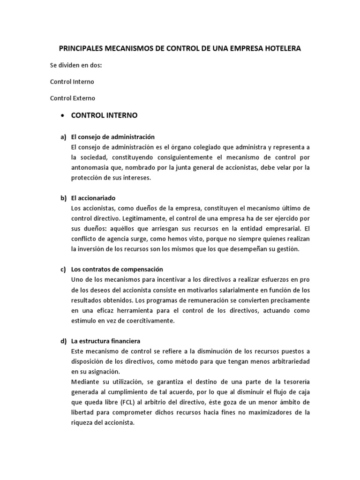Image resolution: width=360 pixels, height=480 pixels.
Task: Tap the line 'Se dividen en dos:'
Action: pyautogui.click(x=76, y=65)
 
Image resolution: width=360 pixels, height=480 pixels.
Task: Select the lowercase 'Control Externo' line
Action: pyautogui.click(x=73, y=98)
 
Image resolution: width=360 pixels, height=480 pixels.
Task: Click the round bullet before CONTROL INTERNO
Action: pyautogui.click(x=62, y=115)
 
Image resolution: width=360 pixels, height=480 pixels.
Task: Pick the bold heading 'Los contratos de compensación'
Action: pyautogui.click(x=117, y=270)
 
